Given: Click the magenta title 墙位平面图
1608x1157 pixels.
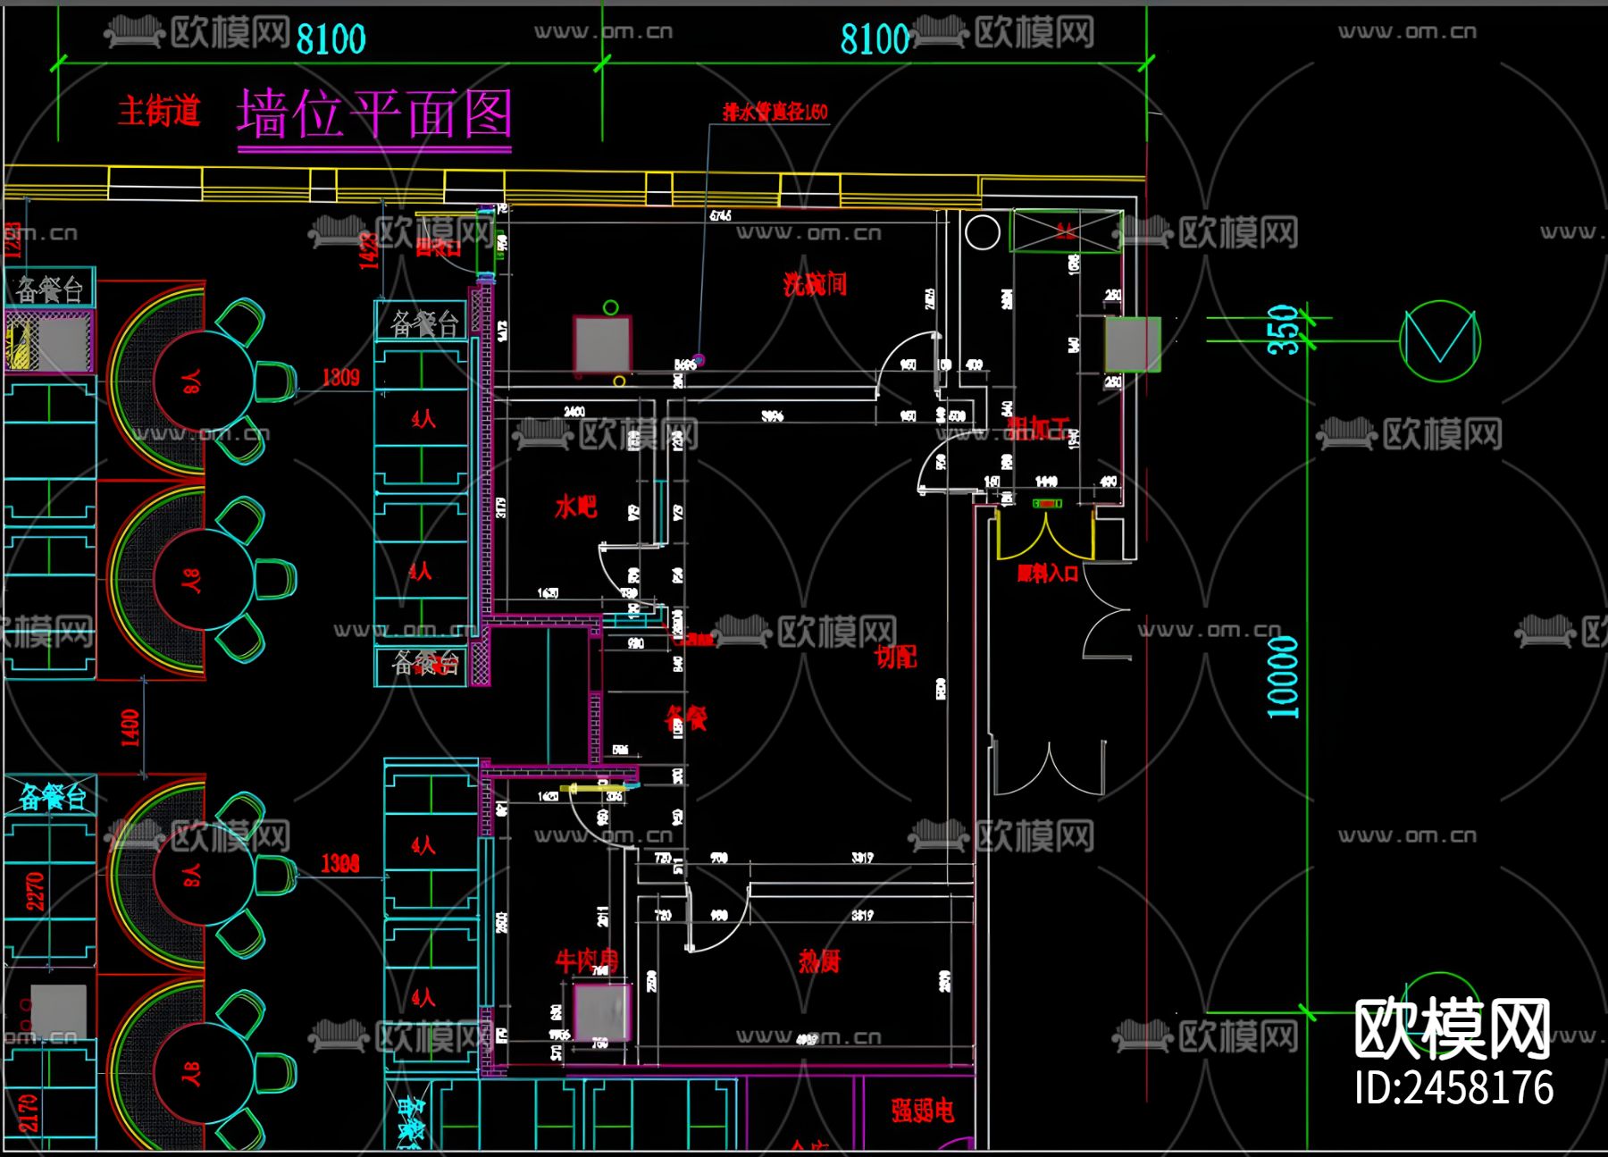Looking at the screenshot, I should coord(374,114).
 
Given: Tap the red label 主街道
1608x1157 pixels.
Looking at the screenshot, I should coord(159,112).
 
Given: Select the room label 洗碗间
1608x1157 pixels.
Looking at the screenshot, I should coord(814,284).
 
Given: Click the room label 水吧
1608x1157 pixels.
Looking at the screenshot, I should coord(575,507).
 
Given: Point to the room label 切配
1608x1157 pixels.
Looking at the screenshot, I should coord(895,657).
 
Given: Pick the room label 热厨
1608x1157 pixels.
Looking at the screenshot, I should coord(819,960).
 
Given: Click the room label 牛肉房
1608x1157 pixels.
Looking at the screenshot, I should coord(586,960).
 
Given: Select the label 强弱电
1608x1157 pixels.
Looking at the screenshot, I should coord(922,1111).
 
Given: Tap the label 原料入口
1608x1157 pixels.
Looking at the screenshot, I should coord(1047,574).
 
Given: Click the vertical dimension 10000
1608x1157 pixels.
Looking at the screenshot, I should coord(1283,677).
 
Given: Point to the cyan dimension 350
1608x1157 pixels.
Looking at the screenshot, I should coord(1283,329).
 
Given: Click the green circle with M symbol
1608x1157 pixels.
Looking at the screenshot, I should coord(1439,341).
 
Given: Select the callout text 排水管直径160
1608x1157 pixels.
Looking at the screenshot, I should coord(775,112).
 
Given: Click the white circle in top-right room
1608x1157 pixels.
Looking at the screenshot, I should coord(982,232).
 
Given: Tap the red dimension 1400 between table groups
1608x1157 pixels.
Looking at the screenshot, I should coord(130,727).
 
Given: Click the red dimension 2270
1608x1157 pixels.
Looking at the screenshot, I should coord(34,891).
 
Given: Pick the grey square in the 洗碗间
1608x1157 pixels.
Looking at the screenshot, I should coord(603,344).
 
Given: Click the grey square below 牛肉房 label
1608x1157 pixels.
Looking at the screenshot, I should coord(601,1011).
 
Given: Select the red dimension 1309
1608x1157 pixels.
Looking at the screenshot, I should coord(340,377).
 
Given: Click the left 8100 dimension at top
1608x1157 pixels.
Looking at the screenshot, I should coord(331,39).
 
